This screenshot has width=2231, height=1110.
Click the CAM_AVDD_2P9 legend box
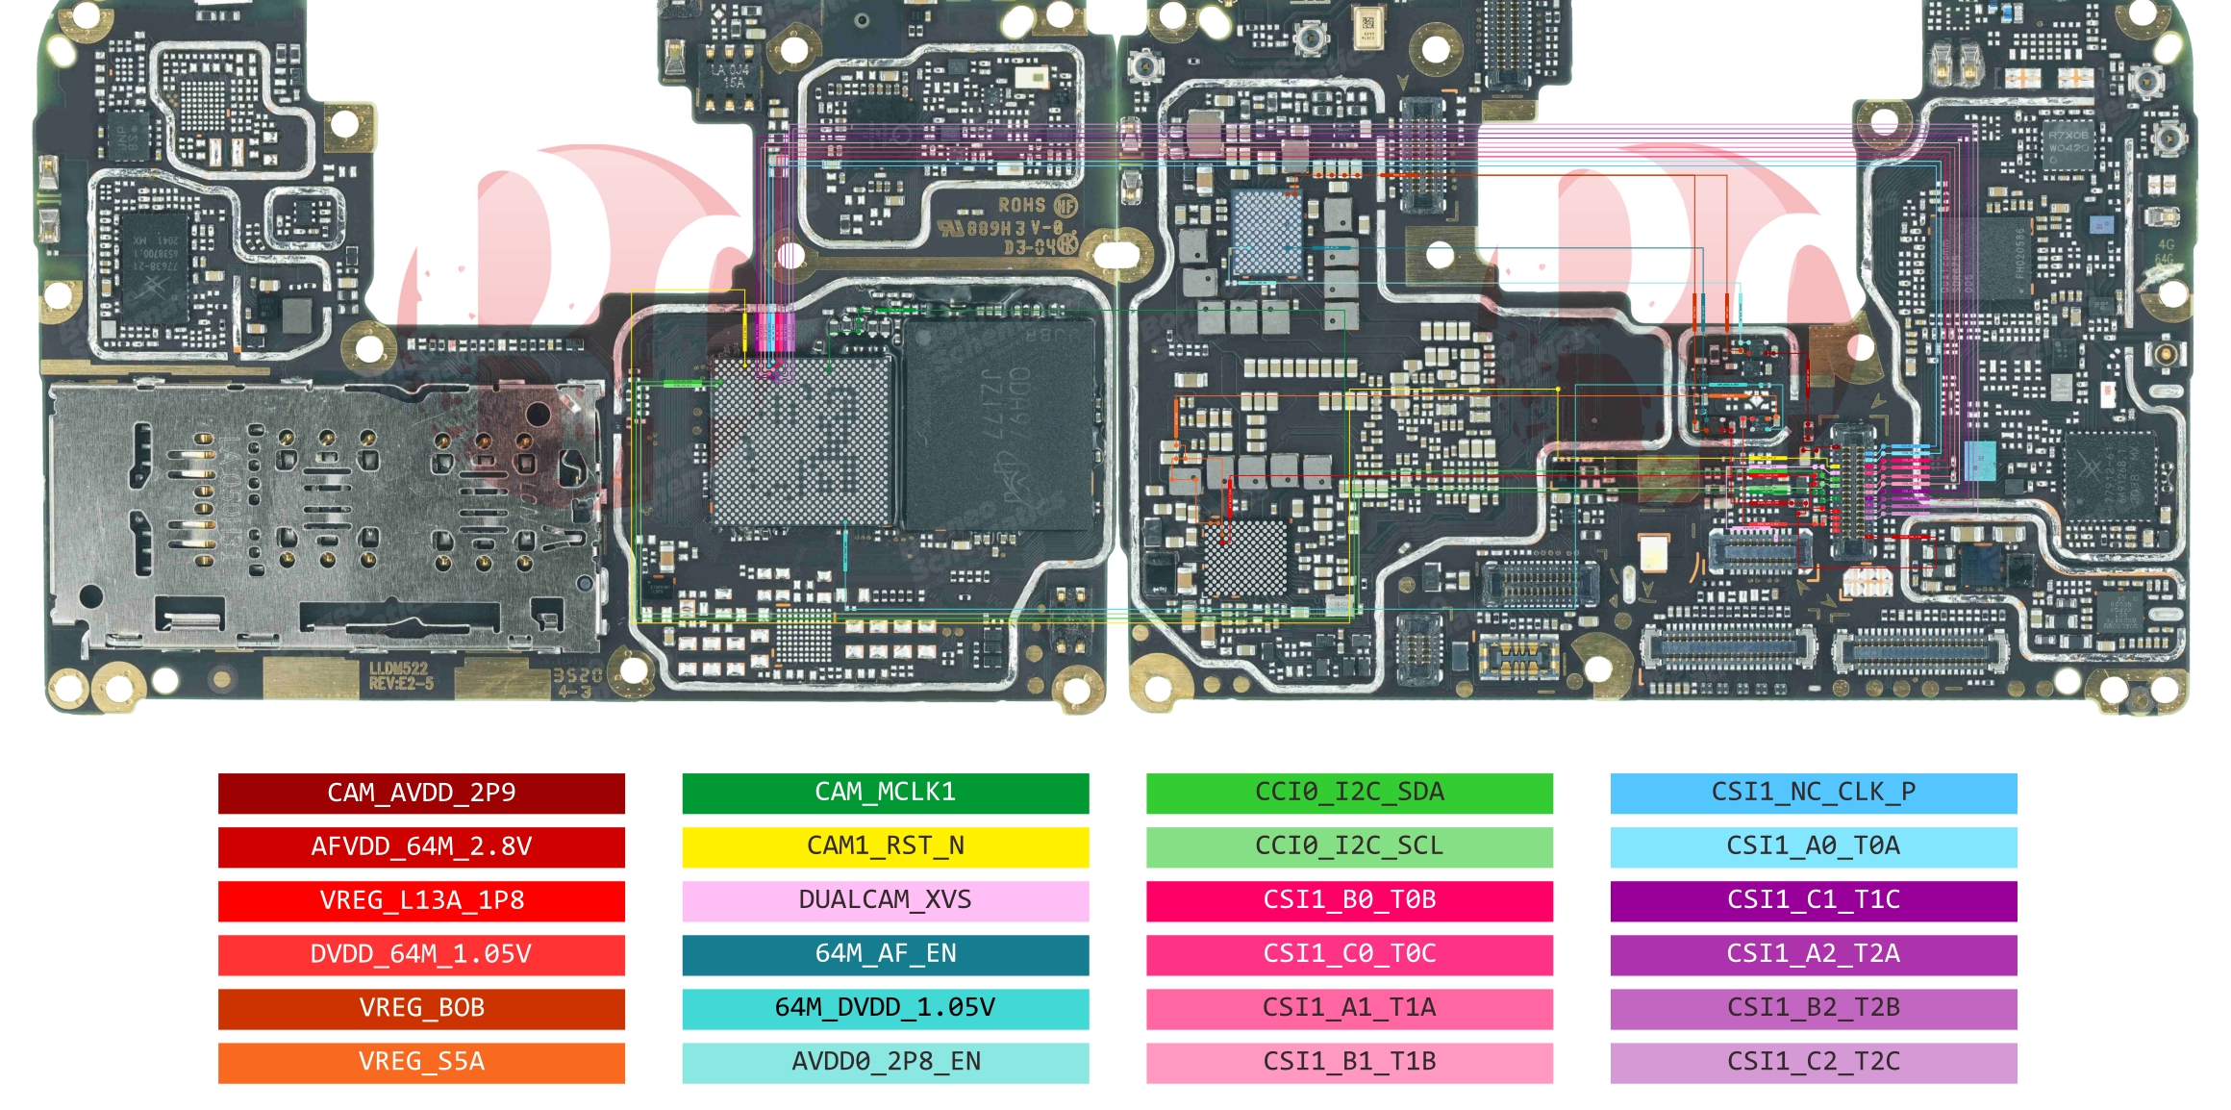click(421, 793)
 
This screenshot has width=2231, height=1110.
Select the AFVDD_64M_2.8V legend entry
click(421, 846)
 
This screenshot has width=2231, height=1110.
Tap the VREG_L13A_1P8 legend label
click(421, 900)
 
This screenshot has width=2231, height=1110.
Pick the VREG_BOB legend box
click(421, 1008)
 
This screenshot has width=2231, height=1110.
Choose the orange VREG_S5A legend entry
click(421, 1062)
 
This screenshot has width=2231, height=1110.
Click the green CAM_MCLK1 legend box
click(886, 793)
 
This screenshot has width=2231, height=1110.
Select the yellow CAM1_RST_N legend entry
click(886, 846)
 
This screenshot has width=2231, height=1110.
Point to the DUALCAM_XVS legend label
click(886, 900)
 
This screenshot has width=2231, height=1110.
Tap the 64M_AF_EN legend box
click(886, 954)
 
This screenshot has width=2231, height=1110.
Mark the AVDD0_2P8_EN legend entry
click(886, 1062)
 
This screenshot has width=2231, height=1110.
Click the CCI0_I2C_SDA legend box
click(1349, 793)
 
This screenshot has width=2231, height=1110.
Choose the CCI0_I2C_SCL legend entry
click(1349, 846)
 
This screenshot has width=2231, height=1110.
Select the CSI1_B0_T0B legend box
click(1349, 900)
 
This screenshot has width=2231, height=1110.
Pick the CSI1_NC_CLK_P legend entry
click(1814, 793)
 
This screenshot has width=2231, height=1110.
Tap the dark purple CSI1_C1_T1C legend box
click(1814, 900)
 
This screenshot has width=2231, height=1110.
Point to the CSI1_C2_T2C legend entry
click(1814, 1062)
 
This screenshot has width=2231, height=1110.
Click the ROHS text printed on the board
click(1021, 205)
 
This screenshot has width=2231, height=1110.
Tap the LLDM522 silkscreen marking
click(398, 669)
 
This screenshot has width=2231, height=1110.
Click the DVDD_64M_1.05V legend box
click(421, 954)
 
